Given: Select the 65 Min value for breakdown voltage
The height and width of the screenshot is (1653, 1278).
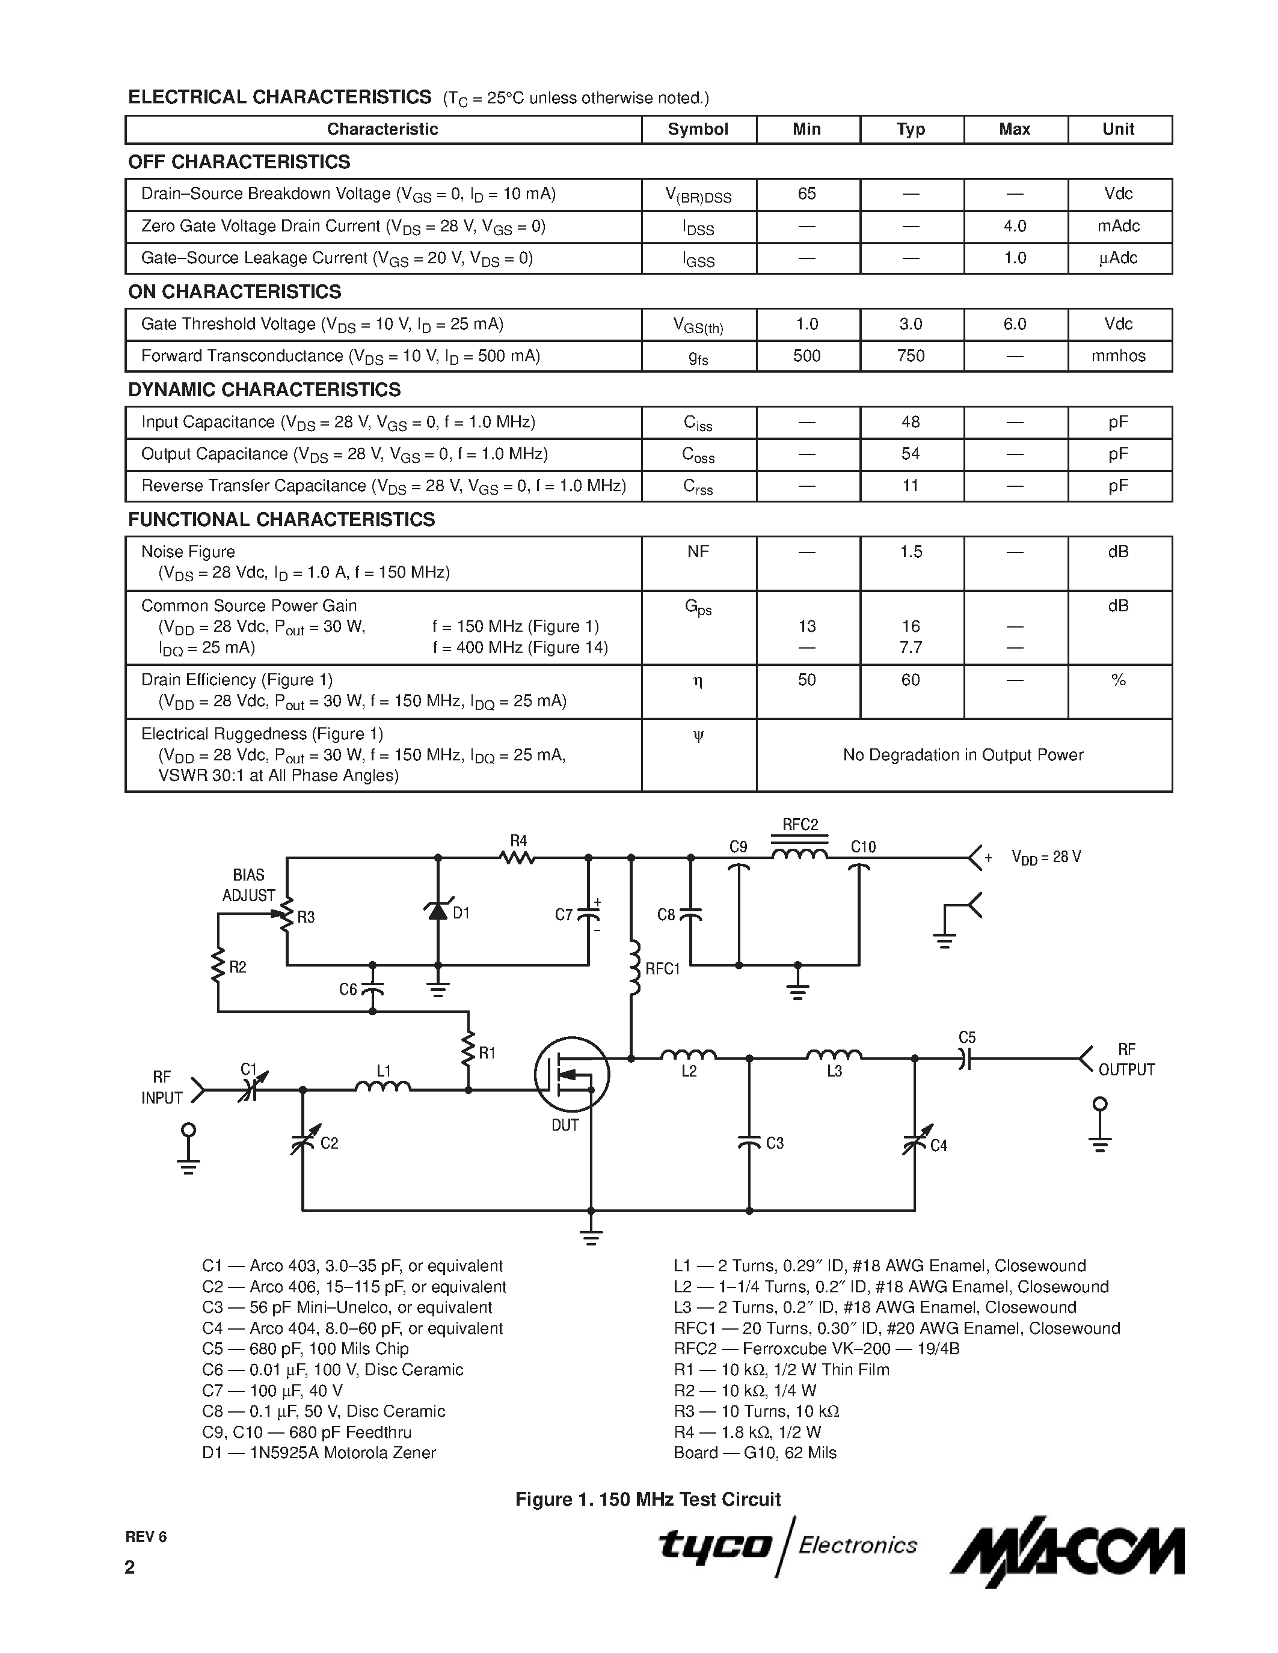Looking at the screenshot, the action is pyautogui.click(x=806, y=194).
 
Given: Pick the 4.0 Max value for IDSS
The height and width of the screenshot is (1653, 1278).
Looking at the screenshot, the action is pyautogui.click(x=1015, y=226).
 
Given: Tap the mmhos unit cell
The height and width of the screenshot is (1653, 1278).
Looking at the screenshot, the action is pyautogui.click(x=1118, y=356).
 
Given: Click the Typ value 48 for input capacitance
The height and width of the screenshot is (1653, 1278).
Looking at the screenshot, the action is pyautogui.click(x=910, y=423).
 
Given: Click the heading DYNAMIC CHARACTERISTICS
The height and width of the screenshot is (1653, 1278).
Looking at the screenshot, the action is pyautogui.click(x=264, y=390).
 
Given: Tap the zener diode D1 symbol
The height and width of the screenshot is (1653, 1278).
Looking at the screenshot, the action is pyautogui.click(x=438, y=911).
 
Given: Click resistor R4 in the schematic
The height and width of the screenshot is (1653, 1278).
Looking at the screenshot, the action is pyautogui.click(x=518, y=858).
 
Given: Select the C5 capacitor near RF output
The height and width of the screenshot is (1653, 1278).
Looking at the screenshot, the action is pyautogui.click(x=965, y=1057).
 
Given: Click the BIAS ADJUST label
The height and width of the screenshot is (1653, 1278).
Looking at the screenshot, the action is pyautogui.click(x=248, y=885).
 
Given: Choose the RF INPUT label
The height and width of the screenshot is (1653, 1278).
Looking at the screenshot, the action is pyautogui.click(x=161, y=1087).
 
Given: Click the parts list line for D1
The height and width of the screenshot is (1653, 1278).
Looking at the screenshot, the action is pyautogui.click(x=319, y=1452).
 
